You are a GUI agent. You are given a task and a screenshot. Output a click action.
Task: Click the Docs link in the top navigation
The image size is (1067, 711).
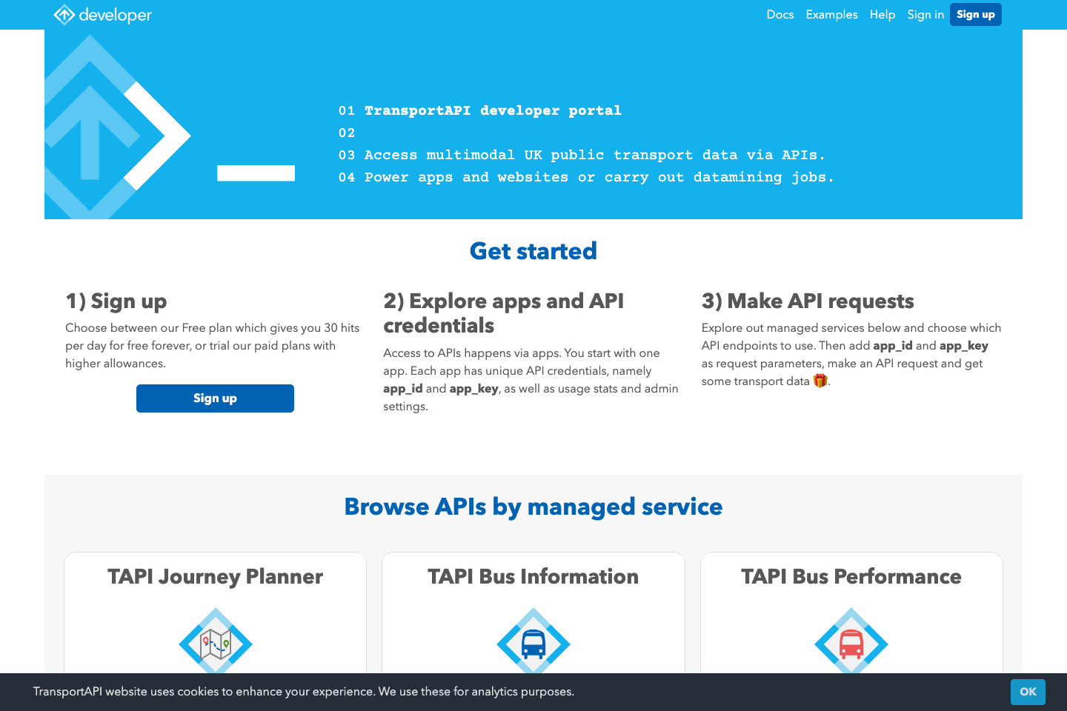pyautogui.click(x=780, y=15)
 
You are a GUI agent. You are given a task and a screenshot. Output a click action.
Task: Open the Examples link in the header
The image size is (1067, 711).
pyautogui.click(x=831, y=15)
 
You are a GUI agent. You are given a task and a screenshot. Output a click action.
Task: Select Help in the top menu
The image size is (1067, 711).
pyautogui.click(x=882, y=15)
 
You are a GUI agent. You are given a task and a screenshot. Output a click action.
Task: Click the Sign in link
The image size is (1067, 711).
pyautogui.click(x=925, y=15)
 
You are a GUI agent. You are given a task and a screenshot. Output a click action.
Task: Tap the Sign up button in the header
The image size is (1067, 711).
pyautogui.click(x=975, y=15)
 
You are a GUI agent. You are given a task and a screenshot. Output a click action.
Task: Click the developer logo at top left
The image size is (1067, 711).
pyautogui.click(x=103, y=15)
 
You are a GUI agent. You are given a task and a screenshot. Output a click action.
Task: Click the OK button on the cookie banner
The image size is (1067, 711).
pyautogui.click(x=1028, y=692)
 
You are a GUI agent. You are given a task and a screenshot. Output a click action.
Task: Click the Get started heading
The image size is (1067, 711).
pyautogui.click(x=533, y=251)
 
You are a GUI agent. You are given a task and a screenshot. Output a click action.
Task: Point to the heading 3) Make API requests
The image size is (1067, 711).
pyautogui.click(x=808, y=301)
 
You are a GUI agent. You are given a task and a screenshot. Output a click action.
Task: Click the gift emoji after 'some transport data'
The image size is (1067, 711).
pyautogui.click(x=820, y=381)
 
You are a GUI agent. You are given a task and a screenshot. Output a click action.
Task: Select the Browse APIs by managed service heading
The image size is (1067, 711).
pyautogui.click(x=533, y=507)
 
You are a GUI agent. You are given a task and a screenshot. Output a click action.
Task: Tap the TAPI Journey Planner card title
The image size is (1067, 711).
pyautogui.click(x=215, y=577)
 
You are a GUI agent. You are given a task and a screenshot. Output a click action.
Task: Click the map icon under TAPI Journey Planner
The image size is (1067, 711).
pyautogui.click(x=216, y=644)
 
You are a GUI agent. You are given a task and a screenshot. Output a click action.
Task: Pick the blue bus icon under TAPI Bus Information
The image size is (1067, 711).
pyautogui.click(x=533, y=644)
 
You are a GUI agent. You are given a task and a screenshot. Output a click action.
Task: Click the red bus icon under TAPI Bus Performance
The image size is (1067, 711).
pyautogui.click(x=851, y=644)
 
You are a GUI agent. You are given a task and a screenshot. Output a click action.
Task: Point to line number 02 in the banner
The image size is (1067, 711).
pyautogui.click(x=347, y=133)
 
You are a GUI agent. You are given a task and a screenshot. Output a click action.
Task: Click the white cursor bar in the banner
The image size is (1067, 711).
pyautogui.click(x=256, y=173)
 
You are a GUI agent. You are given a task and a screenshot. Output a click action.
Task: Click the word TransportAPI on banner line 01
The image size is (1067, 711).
pyautogui.click(x=417, y=111)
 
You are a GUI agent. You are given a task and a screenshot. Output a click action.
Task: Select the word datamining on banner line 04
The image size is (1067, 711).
pyautogui.click(x=737, y=178)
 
